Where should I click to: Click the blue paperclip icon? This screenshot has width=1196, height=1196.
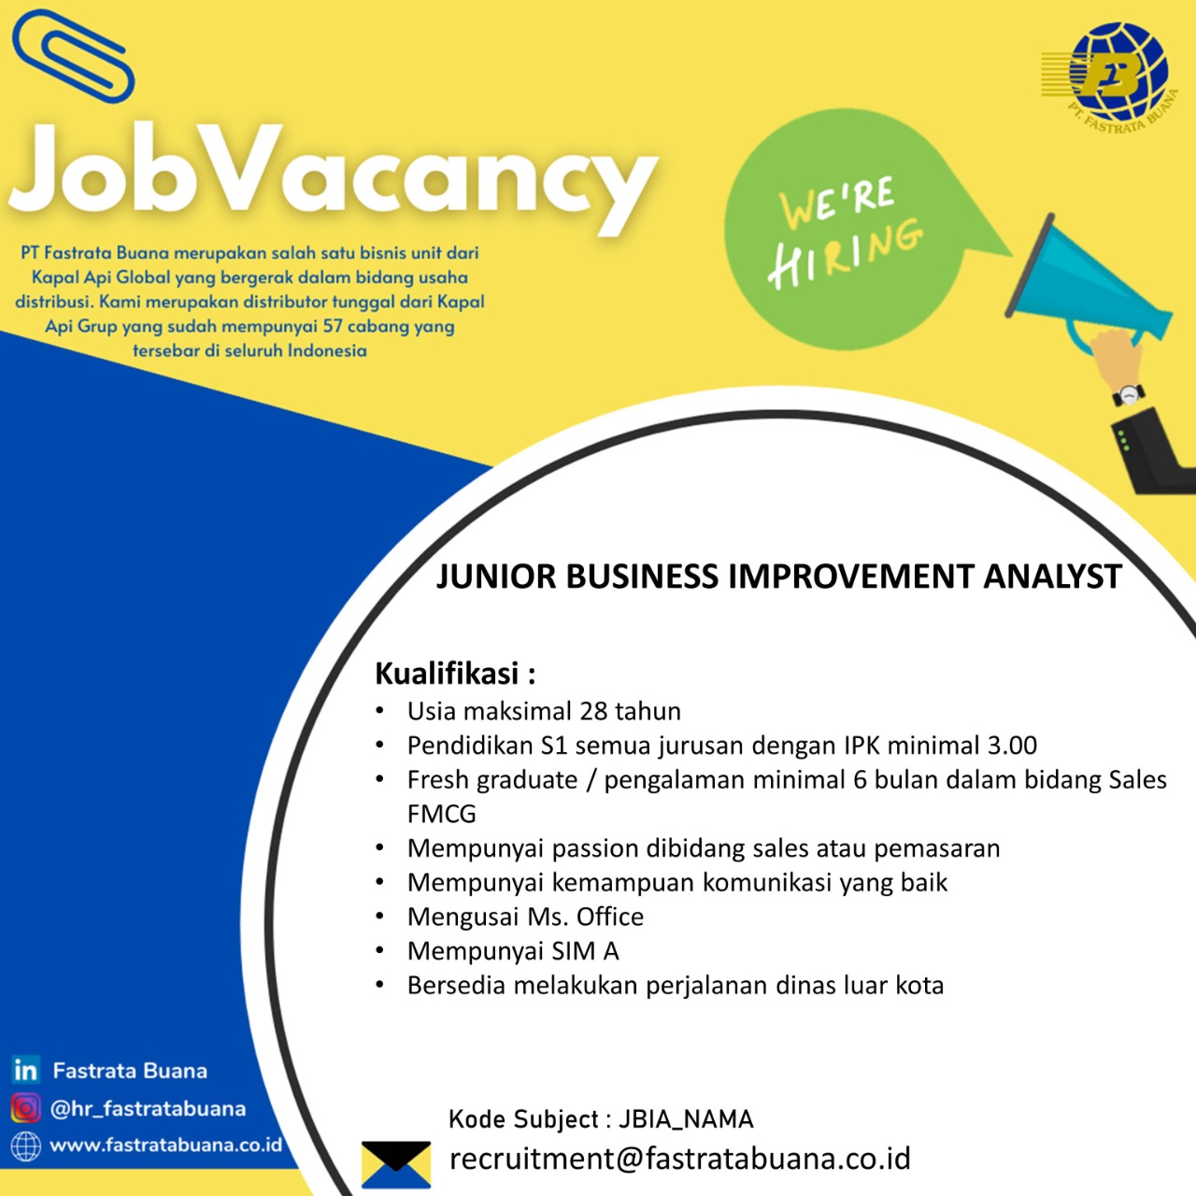pos(73,56)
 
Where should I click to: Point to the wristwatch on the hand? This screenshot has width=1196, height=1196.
pos(1128,394)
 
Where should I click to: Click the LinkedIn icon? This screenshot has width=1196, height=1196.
pos(25,1069)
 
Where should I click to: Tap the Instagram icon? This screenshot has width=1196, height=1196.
pos(25,1108)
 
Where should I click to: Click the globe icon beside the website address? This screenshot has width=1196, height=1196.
pos(25,1146)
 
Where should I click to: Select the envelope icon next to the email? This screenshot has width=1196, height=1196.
pos(395,1164)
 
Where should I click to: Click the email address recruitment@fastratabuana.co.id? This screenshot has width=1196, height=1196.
pos(679,1158)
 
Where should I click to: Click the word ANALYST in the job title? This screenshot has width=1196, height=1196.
pos(1053,576)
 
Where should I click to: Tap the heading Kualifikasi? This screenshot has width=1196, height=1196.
pos(447,674)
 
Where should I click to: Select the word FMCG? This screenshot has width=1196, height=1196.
pos(441,814)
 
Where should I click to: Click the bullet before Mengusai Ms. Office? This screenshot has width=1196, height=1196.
pos(380,916)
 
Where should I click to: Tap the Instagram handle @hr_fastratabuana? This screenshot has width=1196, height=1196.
pos(148,1108)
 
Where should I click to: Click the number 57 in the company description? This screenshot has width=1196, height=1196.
pos(333,326)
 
